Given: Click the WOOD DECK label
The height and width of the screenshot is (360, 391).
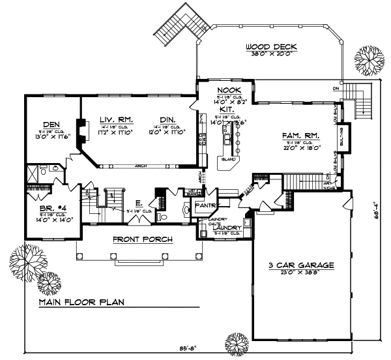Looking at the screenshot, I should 272,47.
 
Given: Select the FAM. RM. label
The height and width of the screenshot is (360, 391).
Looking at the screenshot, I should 300,136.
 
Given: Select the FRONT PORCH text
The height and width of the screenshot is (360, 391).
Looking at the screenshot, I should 142,239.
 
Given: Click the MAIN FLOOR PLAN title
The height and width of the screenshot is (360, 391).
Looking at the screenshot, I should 81,303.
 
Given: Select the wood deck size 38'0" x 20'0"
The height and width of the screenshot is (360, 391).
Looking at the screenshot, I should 272,55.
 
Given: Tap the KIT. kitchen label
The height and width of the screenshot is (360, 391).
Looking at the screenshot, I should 226,110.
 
